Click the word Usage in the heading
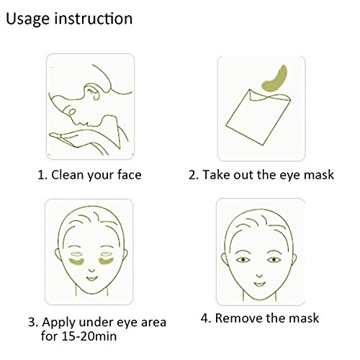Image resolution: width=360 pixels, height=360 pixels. [27, 19]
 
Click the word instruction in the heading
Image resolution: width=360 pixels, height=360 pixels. [94, 18]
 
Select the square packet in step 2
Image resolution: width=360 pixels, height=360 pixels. [257, 117]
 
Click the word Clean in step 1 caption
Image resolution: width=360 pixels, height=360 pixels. [67, 175]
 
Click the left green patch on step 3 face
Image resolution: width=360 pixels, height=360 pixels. [76, 261]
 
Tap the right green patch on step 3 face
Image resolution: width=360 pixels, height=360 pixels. [106, 261]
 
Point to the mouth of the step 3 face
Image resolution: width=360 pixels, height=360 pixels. [91, 279]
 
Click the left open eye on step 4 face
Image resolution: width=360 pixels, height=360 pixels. [243, 260]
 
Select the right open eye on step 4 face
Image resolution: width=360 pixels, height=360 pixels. [274, 259]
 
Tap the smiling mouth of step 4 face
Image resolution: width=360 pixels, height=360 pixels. [260, 284]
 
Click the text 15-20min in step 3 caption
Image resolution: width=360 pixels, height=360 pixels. [89, 336]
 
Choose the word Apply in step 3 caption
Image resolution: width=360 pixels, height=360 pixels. [59, 323]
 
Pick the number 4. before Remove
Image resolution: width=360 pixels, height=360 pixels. [206, 318]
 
